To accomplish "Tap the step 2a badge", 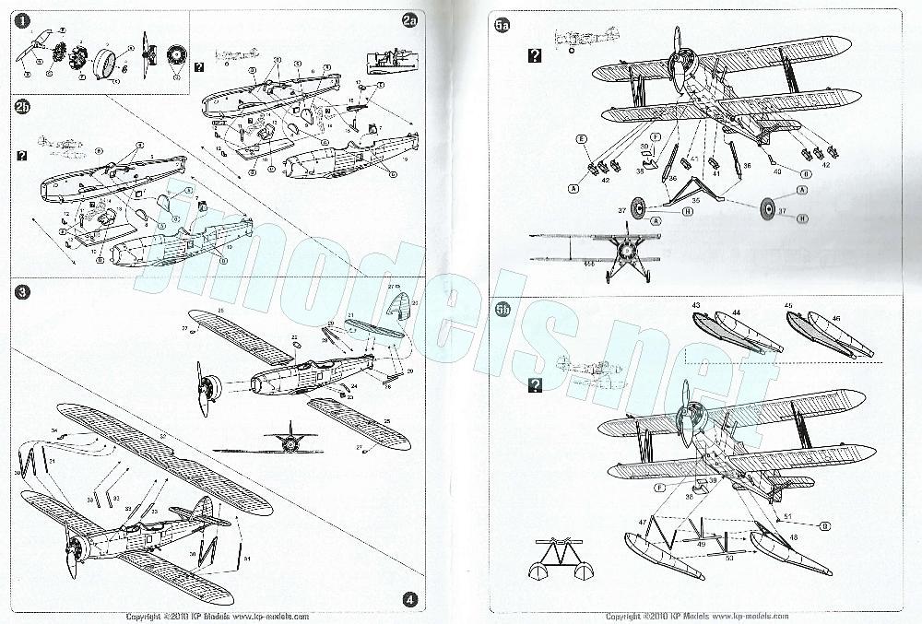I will (x=410, y=20).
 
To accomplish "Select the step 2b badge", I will (x=22, y=107).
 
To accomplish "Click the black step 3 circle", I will (x=22, y=292).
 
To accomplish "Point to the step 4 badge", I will (x=409, y=598).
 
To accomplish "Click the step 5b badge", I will (x=503, y=311).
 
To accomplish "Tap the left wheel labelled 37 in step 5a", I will (x=638, y=208).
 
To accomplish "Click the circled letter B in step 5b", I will (x=799, y=524).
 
